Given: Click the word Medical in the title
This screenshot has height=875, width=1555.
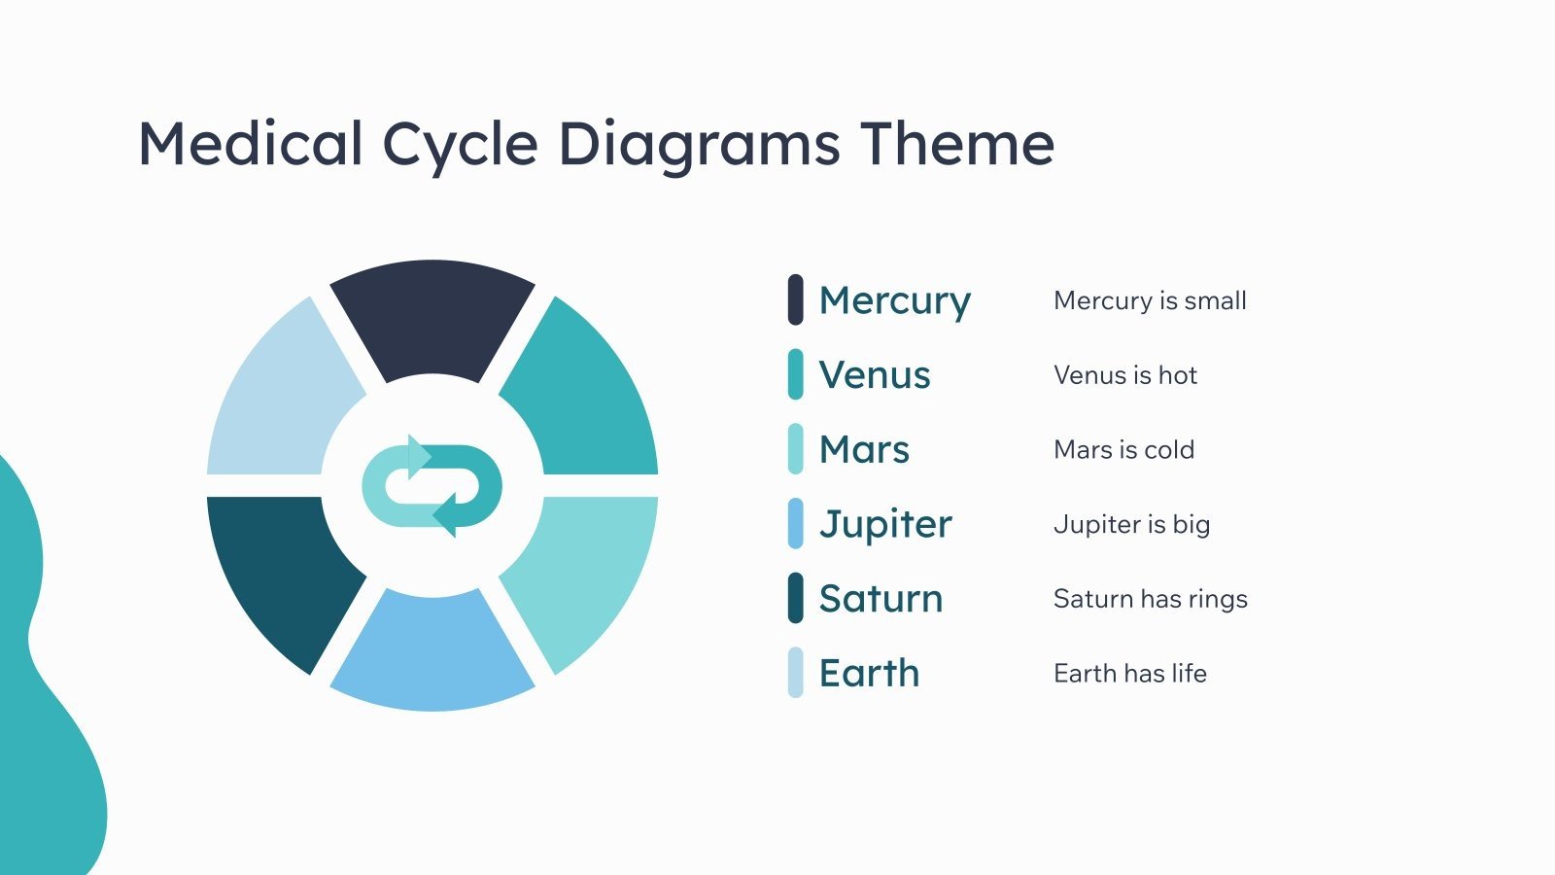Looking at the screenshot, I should point(251,144).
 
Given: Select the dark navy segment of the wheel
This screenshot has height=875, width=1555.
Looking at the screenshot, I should point(432,316).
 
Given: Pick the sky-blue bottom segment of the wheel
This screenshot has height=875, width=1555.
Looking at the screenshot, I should point(432,651).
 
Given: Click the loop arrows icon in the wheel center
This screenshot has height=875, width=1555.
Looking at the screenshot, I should point(432,485).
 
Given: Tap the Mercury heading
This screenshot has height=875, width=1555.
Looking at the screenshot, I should point(894,300).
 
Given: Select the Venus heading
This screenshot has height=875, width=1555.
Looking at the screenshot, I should point(875,375).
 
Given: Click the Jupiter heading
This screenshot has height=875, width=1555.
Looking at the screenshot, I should point(885,524).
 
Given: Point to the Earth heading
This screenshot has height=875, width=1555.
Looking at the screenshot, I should point(869,673).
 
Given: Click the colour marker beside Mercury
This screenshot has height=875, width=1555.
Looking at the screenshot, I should point(795,299).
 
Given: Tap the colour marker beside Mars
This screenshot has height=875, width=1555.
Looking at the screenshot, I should point(795,449).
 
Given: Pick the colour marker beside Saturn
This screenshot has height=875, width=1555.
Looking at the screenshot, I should point(795,598).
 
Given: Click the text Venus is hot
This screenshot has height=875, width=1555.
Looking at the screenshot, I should point(1124,375).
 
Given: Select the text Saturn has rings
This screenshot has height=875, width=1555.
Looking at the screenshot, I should point(1150,599).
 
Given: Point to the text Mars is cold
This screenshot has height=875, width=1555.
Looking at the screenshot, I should point(1123,450).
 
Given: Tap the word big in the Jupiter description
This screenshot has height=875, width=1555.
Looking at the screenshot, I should point(1192,525).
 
